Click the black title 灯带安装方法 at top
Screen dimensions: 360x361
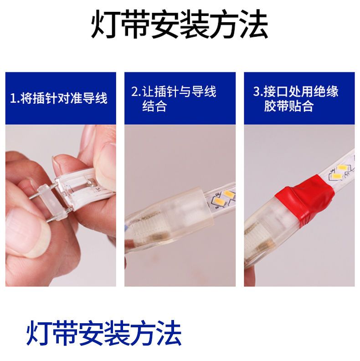179,24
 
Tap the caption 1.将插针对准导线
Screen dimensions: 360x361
59,98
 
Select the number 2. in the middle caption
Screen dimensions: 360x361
136,91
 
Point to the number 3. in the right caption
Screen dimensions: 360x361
258,91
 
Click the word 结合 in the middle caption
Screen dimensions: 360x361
154,106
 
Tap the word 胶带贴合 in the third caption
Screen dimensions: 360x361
289,106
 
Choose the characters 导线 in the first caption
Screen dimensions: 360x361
95,98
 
